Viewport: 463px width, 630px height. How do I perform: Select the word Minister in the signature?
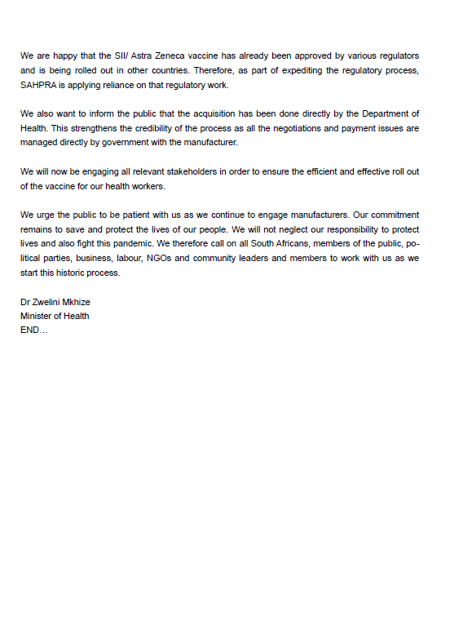[37, 316]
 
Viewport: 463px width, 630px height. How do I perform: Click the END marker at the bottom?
[33, 331]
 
